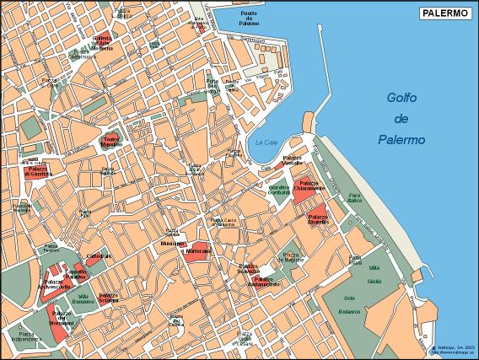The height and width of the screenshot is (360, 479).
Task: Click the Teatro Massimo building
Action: click(x=111, y=141)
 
